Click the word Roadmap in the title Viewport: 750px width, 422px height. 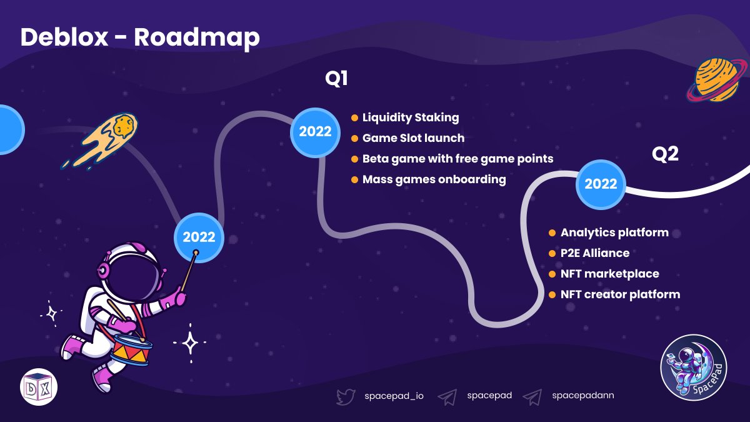[196, 38]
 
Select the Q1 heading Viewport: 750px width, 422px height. [336, 79]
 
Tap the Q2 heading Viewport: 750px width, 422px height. [665, 154]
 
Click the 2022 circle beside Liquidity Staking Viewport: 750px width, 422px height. [315, 131]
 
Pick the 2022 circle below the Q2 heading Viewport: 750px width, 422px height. [601, 184]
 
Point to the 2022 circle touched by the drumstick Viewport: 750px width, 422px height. [199, 237]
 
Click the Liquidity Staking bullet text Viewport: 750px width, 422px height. [410, 118]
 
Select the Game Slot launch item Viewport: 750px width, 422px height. [413, 138]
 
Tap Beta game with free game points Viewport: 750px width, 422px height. [457, 159]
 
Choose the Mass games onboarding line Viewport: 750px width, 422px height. [434, 179]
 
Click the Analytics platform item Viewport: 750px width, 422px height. [614, 233]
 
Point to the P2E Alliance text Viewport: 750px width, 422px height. [594, 253]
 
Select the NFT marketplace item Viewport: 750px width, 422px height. [609, 274]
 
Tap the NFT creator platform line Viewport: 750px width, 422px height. [620, 294]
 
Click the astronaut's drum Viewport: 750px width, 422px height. [131, 350]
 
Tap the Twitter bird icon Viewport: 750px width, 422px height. [346, 396]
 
